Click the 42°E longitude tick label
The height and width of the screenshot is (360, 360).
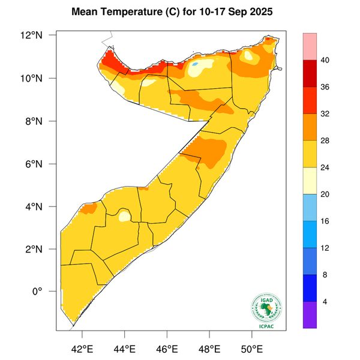[x=82, y=349]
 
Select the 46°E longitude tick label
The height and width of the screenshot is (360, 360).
[x=167, y=349]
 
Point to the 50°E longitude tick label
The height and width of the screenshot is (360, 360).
[x=251, y=349]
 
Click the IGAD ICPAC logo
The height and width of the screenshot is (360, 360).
[x=265, y=311]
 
